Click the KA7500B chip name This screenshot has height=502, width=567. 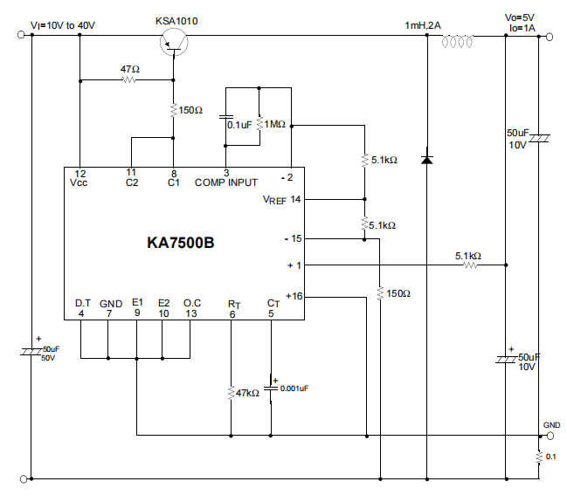pyautogui.click(x=180, y=243)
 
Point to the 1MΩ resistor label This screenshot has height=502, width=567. pyautogui.click(x=277, y=125)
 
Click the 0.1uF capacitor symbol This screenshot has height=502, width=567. pyautogui.click(x=226, y=117)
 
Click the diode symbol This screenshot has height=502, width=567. pyautogui.click(x=426, y=160)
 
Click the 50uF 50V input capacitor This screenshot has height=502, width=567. pyautogui.click(x=31, y=351)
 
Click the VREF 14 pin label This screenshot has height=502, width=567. pyautogui.click(x=281, y=200)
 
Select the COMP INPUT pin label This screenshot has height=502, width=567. pyautogui.click(x=225, y=182)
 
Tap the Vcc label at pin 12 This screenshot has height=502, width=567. pyautogui.click(x=79, y=182)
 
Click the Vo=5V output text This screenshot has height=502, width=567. pyautogui.click(x=522, y=17)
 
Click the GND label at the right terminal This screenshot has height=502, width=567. pyautogui.click(x=551, y=424)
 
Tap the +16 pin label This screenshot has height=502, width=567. pyautogui.click(x=293, y=297)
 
